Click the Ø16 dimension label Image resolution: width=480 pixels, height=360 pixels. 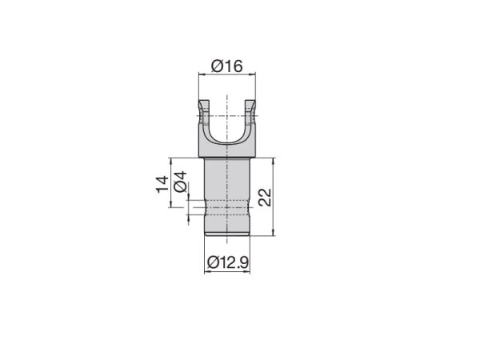(x=226, y=66)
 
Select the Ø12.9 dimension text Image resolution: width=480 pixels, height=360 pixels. (x=228, y=262)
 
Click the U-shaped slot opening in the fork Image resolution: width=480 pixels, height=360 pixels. (x=227, y=120)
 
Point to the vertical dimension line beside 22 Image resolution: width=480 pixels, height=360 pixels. (x=275, y=196)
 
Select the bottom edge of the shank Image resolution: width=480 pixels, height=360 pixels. (x=227, y=235)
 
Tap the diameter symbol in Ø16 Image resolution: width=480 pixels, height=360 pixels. (x=216, y=66)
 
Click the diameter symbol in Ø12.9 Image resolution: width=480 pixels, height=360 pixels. (x=212, y=262)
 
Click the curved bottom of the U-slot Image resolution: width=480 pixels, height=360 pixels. (x=227, y=144)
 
